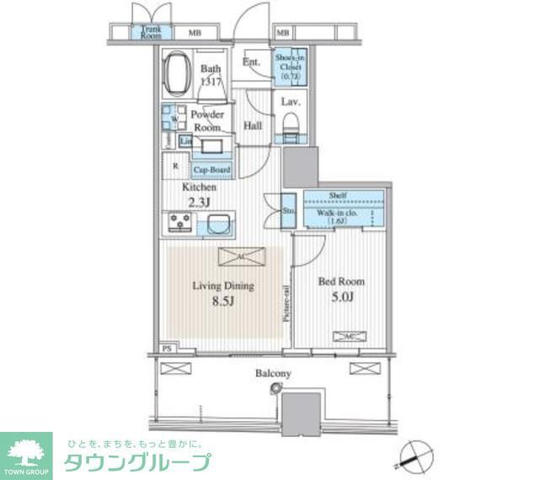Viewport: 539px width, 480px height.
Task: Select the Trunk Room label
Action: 152,32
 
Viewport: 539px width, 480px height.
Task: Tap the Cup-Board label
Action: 215,169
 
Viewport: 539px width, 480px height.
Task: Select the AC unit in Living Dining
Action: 242,257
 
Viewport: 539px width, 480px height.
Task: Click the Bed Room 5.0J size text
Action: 341,296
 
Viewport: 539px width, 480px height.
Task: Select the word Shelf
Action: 342,197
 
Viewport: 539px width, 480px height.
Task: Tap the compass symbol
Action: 412,457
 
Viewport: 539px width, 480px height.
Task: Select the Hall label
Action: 252,126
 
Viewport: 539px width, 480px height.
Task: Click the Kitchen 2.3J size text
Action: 199,201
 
